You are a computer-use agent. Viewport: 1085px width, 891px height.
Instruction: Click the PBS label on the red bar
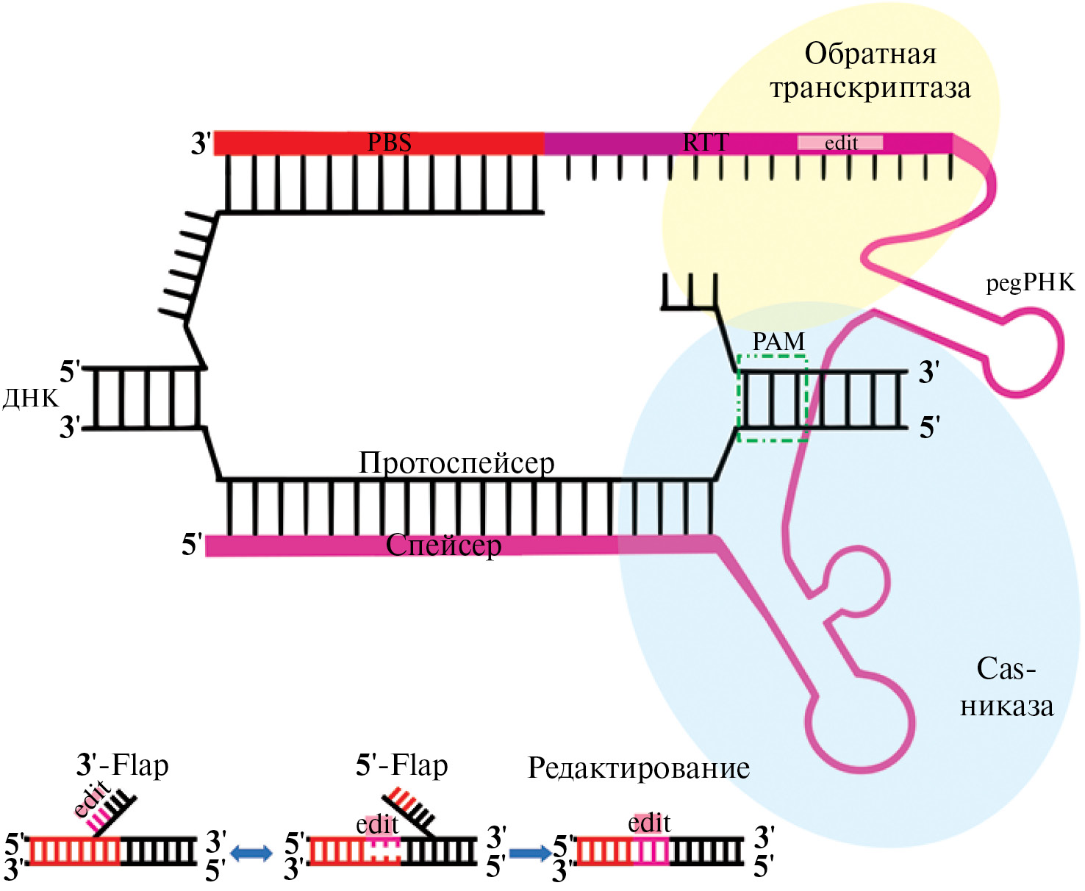coord(389,143)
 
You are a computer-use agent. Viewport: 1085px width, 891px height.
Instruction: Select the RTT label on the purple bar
coord(706,143)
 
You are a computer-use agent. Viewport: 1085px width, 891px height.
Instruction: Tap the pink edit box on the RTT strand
coord(840,143)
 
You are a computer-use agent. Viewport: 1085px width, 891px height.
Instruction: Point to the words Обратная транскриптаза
coord(870,71)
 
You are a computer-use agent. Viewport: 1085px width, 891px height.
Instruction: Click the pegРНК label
coord(1030,282)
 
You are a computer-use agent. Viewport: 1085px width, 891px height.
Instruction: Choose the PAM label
coord(778,342)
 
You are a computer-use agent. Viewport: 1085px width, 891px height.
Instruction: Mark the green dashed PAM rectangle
coord(773,398)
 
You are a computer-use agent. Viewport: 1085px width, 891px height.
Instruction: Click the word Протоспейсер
coord(456,463)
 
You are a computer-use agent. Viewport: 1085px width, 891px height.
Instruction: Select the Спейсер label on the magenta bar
coord(443,545)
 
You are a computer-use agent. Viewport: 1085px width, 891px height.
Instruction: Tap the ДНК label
coord(30,398)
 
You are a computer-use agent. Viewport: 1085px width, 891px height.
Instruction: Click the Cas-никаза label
coord(1006,687)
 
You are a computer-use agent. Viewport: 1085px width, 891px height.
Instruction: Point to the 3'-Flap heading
coord(122,765)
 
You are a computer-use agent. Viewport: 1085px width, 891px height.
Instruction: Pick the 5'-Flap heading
coord(401,765)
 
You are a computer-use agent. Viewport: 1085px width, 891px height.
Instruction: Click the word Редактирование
coord(638,768)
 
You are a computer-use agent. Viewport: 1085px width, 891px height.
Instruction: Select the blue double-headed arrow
coord(251,853)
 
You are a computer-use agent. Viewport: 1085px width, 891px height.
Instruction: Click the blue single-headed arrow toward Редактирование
coord(529,853)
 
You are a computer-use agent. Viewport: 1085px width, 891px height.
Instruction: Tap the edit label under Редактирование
coord(649,823)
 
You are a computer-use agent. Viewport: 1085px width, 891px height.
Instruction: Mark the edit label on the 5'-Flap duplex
coord(377,825)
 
